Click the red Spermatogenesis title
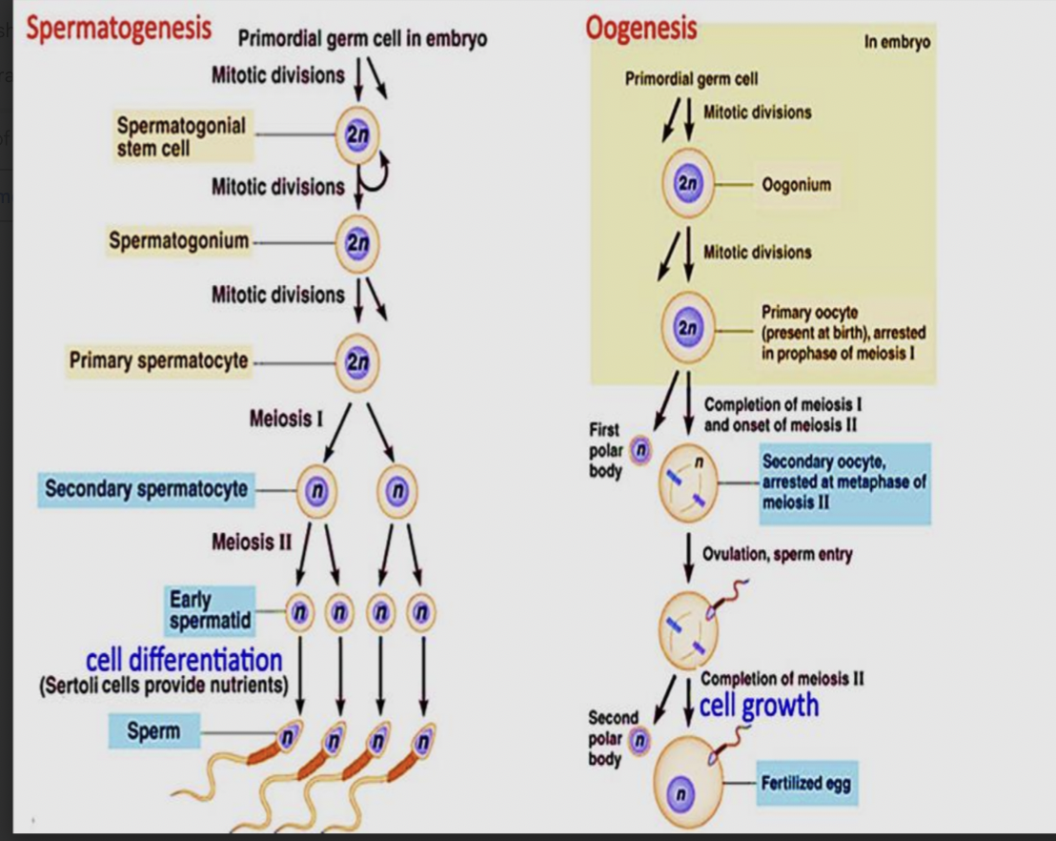(118, 30)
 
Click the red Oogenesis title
(640, 29)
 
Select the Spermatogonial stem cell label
(181, 137)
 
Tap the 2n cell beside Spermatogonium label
(356, 242)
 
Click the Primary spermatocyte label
(157, 360)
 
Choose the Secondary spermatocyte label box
(146, 489)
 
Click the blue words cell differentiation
(184, 659)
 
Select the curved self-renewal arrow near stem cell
(378, 172)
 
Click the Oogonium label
(797, 185)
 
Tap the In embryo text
(896, 43)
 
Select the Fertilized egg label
(805, 784)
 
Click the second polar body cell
(640, 739)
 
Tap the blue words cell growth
(759, 706)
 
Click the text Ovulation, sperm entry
(777, 554)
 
